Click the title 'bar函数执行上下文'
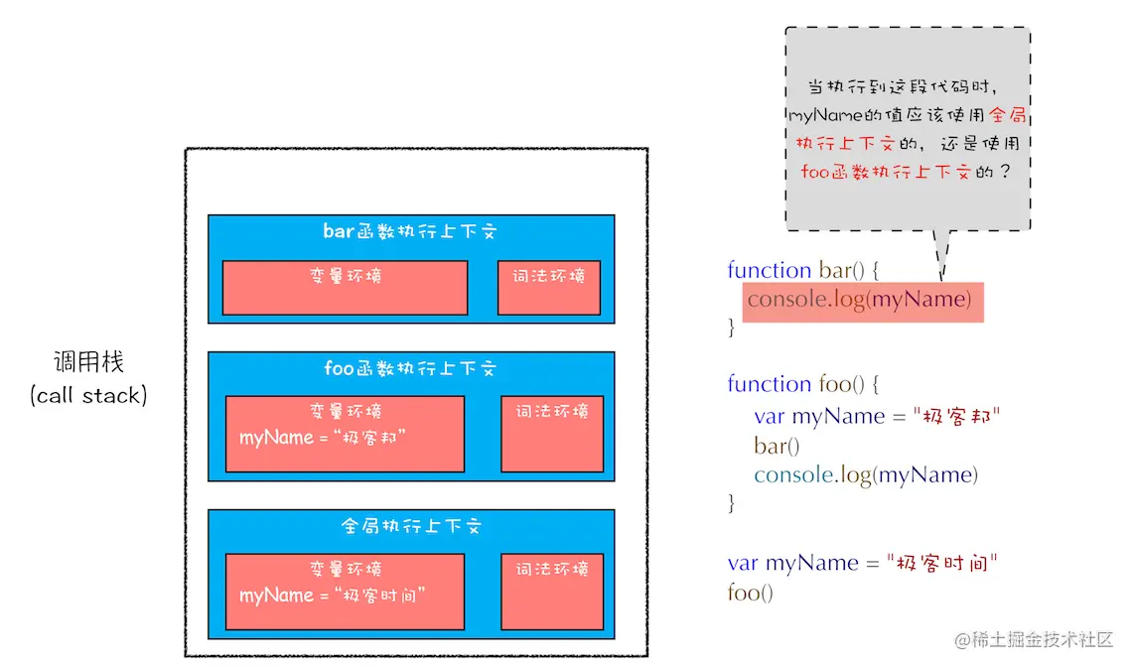(x=410, y=231)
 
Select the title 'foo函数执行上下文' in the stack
(x=410, y=368)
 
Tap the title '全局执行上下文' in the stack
(x=410, y=526)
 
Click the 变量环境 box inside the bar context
(x=345, y=288)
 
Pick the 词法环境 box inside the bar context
(x=549, y=288)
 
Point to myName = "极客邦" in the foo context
(x=324, y=437)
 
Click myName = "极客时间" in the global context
(x=333, y=596)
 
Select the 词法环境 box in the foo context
(x=551, y=434)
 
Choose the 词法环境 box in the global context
(x=551, y=592)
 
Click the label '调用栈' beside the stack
(x=88, y=361)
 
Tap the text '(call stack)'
(x=88, y=395)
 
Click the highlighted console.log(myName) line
(x=859, y=300)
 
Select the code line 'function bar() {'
(x=804, y=270)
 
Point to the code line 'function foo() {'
(x=803, y=384)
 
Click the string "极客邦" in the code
(x=955, y=417)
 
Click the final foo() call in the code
(x=750, y=593)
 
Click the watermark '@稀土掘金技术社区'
(x=1034, y=640)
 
